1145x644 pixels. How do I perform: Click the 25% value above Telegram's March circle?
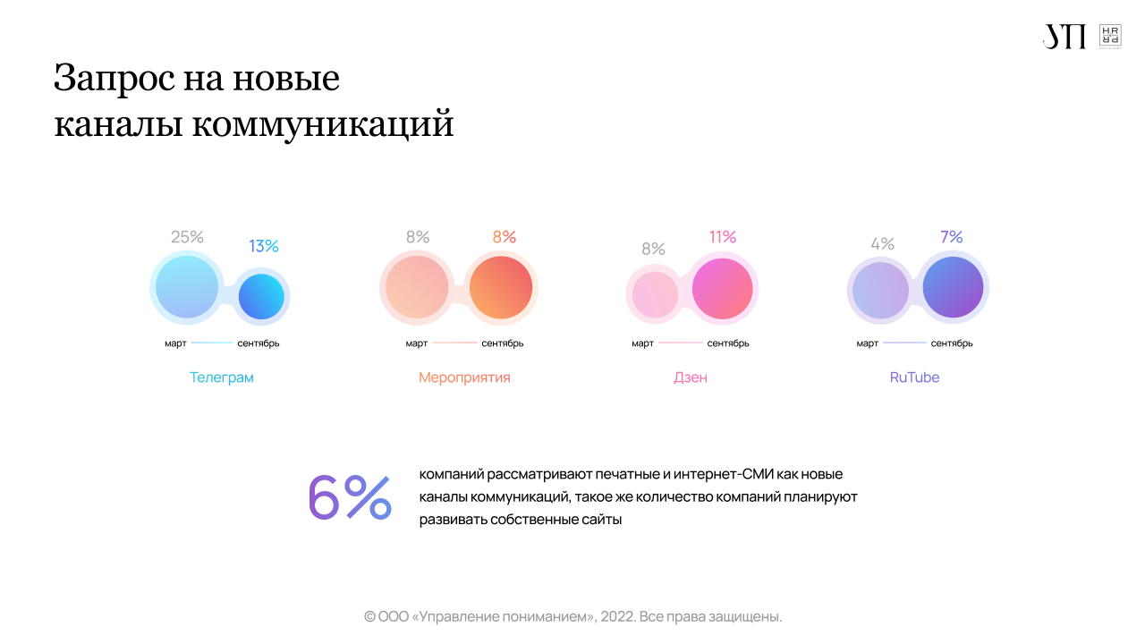pos(187,237)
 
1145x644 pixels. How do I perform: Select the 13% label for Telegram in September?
pos(264,246)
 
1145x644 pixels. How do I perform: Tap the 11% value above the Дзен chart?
pos(723,237)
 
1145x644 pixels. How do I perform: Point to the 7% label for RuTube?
pos(952,237)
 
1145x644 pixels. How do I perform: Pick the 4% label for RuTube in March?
pos(882,243)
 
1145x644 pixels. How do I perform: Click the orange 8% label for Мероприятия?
pos(505,237)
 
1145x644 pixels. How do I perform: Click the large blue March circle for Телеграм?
pos(187,287)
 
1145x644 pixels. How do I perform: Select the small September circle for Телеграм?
pos(261,296)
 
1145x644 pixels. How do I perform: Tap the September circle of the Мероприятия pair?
pos(501,287)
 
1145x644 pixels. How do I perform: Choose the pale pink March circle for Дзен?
pos(655,294)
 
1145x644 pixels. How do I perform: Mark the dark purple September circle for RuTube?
pos(953,287)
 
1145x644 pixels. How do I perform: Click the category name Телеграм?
pos(221,377)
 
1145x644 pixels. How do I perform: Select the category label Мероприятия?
pos(464,377)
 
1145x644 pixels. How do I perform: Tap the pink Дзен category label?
pos(691,377)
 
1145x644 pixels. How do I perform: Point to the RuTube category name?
pos(914,377)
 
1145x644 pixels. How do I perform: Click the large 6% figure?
pos(350,497)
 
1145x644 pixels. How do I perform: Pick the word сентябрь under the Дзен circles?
pos(728,343)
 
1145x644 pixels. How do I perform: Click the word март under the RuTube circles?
pos(867,343)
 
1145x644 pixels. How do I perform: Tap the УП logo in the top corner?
pos(1064,37)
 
